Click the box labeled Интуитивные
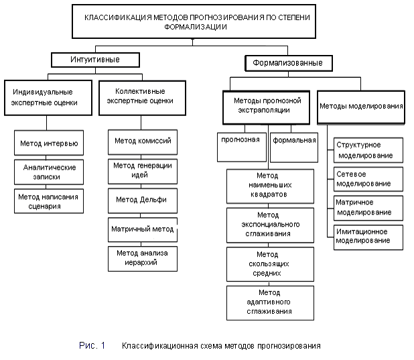coord(95,60)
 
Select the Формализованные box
coord(289,63)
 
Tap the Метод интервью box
coord(49,143)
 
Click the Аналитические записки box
coord(49,172)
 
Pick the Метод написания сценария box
coord(49,201)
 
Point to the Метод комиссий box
coord(143,142)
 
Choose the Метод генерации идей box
coord(143,171)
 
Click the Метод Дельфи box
coord(143,200)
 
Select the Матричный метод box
coord(143,230)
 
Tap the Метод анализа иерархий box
coord(143,259)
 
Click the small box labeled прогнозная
coord(242,147)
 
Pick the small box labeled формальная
coord(294,147)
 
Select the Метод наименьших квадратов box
coord(270,186)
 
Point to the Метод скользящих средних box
coord(270,264)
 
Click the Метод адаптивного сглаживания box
coord(270,303)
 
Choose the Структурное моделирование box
coord(368,150)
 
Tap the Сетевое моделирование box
coord(368,179)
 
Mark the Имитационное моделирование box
coord(368,237)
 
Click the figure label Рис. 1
coord(92,345)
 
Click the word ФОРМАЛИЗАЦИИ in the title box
coord(196,27)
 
